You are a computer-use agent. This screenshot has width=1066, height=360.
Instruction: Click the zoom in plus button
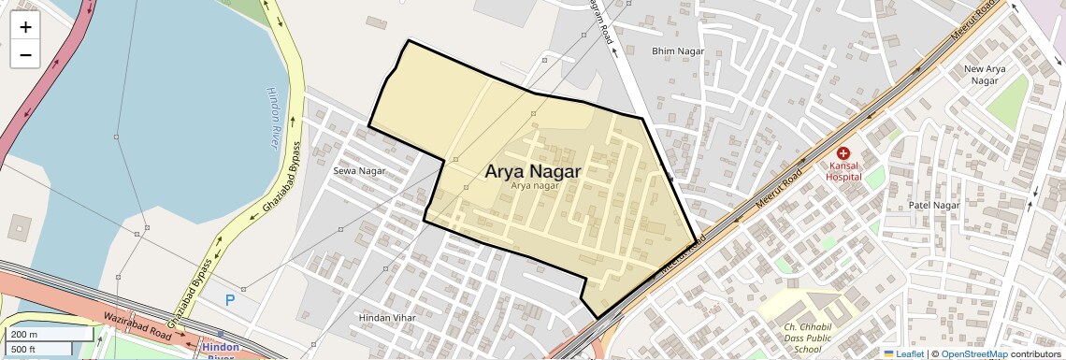[25, 27]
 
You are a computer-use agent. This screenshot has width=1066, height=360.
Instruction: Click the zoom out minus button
[25, 55]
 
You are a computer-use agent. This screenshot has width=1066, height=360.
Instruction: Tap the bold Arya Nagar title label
[532, 171]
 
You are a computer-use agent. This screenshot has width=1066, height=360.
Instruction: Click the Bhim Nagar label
[674, 50]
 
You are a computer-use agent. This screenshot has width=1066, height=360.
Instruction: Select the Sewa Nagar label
[359, 171]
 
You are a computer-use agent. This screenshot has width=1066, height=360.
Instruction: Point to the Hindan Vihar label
[386, 318]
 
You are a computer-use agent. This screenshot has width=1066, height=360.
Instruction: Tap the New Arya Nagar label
[985, 75]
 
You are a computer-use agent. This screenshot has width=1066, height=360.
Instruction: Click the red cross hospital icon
[843, 152]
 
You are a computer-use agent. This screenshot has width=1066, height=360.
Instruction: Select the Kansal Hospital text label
[843, 170]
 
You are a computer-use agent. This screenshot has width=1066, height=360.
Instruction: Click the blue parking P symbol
[230, 300]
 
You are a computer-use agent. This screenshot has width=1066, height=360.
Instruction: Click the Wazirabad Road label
[137, 325]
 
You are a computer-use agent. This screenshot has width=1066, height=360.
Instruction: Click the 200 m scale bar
[49, 334]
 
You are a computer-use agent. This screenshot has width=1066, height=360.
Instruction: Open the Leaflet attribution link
[903, 353]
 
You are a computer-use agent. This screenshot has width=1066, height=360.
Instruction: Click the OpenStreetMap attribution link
[973, 353]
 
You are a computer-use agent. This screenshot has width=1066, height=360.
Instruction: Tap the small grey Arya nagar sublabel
[534, 185]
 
